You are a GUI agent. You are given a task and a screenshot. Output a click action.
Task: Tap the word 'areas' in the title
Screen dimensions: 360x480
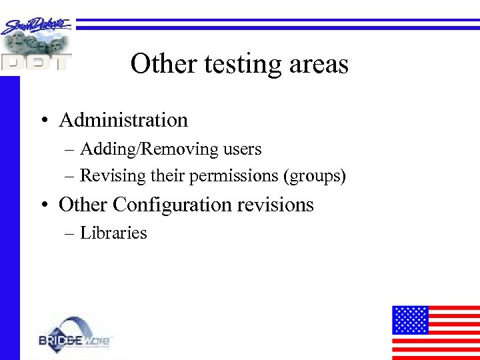tap(319, 65)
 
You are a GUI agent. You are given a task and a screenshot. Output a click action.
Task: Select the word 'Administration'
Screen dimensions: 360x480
tap(123, 120)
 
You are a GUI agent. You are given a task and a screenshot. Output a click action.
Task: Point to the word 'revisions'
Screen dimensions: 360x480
tap(279, 204)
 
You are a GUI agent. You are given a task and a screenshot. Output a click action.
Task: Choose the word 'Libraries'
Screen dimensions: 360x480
tap(113, 233)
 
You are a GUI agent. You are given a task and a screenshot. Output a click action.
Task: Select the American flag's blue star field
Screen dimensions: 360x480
tap(410, 320)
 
